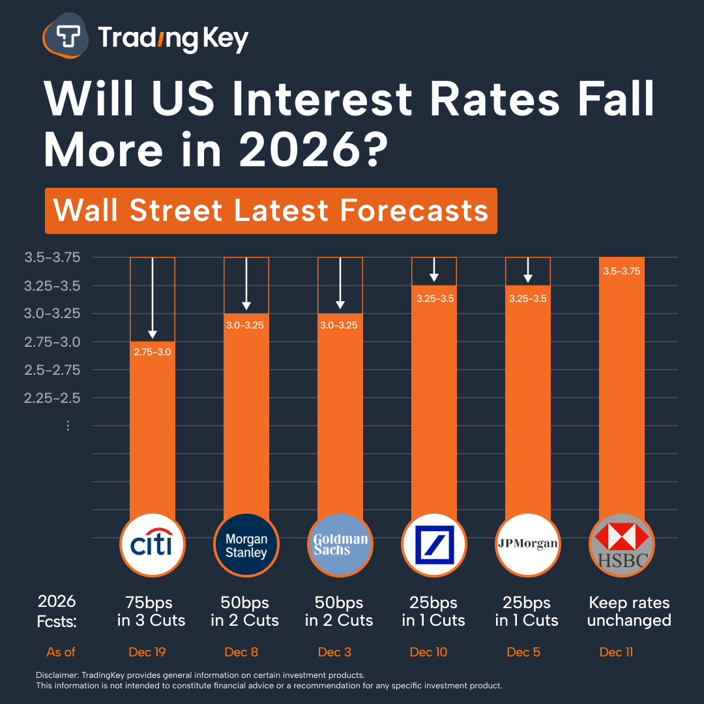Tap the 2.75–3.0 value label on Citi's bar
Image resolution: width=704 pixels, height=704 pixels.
tap(153, 352)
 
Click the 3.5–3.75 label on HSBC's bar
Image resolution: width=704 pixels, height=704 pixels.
tap(621, 271)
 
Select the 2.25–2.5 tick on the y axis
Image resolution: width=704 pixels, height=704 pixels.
tap(52, 398)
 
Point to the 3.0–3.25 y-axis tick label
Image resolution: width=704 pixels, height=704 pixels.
tap(52, 314)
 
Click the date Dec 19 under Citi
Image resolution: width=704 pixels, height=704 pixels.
tap(148, 652)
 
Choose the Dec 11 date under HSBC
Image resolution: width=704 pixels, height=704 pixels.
tap(616, 652)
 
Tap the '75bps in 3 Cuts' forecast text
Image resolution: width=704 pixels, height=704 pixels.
tap(151, 611)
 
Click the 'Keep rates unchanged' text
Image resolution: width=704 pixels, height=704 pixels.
tap(628, 611)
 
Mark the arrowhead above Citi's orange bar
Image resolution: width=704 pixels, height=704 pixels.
tap(153, 334)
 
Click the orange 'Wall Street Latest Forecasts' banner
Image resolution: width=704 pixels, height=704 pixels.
tap(271, 211)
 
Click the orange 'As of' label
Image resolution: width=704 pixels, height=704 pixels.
tap(61, 652)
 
